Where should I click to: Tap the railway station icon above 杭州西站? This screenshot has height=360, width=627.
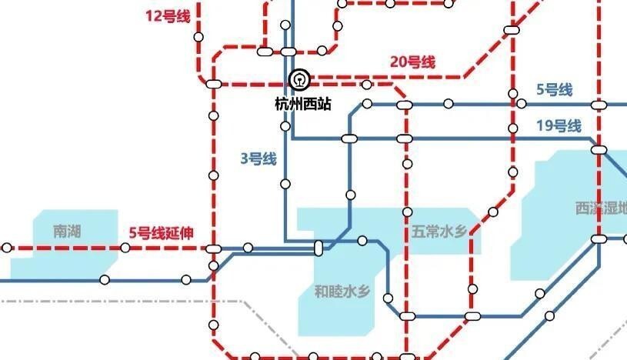(x=298, y=79)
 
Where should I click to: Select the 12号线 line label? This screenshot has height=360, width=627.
(x=167, y=16)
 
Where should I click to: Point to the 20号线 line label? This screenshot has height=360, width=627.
(x=412, y=62)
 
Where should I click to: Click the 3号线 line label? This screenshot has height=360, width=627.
(x=258, y=159)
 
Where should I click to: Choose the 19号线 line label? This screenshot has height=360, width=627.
(x=559, y=126)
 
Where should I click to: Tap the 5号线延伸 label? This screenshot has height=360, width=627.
(x=161, y=233)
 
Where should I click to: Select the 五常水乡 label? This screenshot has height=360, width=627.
(x=439, y=230)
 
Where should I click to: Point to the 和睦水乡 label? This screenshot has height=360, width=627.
(x=343, y=292)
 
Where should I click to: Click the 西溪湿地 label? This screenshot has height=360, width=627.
(x=601, y=207)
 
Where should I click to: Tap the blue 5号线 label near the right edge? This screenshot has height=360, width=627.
(x=554, y=90)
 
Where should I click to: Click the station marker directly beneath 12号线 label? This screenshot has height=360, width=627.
(x=198, y=37)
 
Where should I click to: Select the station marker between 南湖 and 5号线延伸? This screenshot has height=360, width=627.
(x=125, y=248)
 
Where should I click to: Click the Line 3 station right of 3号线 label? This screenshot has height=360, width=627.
(x=285, y=183)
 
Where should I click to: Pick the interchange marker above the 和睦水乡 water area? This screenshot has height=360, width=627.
(x=319, y=248)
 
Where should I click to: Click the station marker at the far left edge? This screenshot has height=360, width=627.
(x=7, y=248)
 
